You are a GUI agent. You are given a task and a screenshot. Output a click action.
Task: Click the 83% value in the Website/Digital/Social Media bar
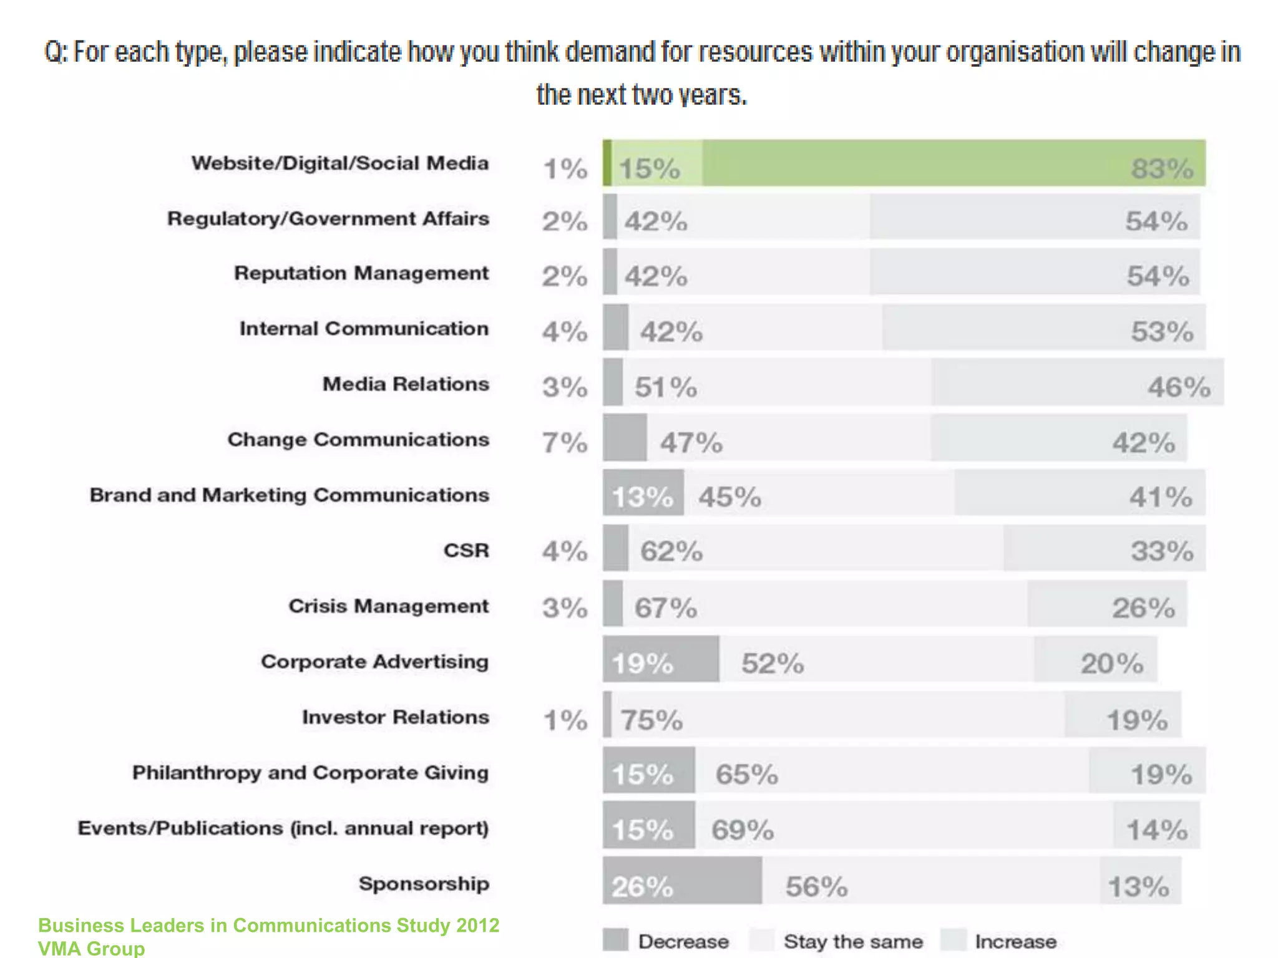tap(1161, 168)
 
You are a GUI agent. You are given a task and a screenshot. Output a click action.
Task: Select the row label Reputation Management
tap(361, 273)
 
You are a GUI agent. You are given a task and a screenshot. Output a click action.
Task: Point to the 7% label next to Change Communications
tap(565, 442)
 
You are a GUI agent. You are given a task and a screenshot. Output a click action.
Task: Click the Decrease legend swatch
tap(615, 940)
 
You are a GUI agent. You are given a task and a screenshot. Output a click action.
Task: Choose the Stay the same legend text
tap(852, 941)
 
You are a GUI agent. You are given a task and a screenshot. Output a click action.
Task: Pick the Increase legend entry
tap(1015, 941)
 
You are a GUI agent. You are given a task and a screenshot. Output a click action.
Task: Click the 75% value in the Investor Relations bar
tap(651, 720)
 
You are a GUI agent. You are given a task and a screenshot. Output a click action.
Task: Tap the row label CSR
tap(466, 551)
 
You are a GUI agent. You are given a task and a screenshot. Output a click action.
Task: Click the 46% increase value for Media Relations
tap(1179, 387)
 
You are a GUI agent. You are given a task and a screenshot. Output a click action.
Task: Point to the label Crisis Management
tap(388, 606)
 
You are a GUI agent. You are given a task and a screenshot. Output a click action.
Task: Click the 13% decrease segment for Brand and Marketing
tap(642, 497)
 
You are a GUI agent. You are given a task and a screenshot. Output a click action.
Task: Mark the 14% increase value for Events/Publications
tap(1156, 830)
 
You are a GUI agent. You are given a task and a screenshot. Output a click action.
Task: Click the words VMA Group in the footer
tap(91, 948)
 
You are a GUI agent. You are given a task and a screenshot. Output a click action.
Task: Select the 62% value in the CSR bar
tap(671, 551)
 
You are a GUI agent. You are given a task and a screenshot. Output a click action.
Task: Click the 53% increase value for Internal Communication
tap(1162, 331)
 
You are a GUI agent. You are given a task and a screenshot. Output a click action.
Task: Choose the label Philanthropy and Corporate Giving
tap(310, 773)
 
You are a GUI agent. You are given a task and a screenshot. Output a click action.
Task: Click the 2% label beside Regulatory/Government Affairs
tap(565, 221)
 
